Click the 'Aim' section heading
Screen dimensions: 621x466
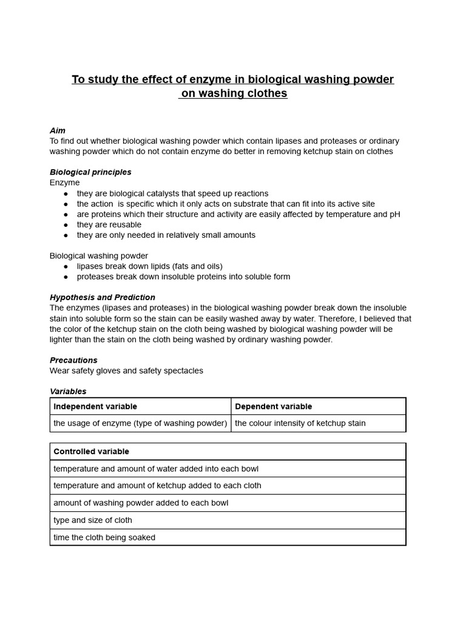pos(58,130)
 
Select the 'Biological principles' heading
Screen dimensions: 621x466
pos(90,172)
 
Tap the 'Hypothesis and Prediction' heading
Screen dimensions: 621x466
pos(103,297)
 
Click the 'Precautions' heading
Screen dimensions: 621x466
pos(73,360)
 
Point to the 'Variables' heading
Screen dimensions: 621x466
pos(68,391)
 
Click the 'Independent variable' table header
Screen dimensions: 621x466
pos(95,406)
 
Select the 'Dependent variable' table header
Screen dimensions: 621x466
pos(273,406)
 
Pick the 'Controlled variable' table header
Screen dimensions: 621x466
pos(91,451)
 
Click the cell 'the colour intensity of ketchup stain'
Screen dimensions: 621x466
pos(300,423)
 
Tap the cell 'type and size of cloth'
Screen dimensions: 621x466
pos(92,520)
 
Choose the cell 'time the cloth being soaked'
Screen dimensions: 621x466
pos(104,537)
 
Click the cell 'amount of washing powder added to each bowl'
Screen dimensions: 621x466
pos(141,503)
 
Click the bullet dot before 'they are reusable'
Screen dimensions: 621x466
pos(66,225)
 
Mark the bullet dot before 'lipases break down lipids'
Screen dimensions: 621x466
pos(66,266)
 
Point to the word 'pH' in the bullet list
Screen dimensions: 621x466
pos(395,214)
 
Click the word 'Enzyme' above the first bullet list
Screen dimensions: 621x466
pos(64,183)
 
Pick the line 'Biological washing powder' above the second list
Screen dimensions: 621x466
pos(99,256)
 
